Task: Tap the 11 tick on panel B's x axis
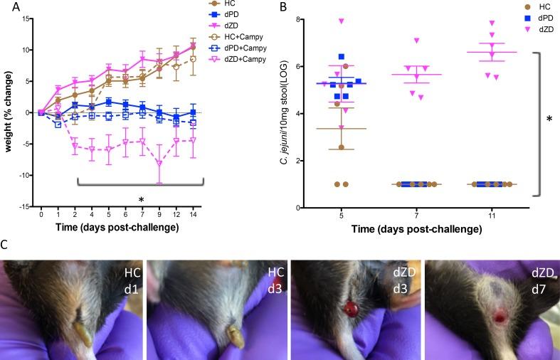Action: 491,216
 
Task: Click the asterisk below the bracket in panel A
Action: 142,198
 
